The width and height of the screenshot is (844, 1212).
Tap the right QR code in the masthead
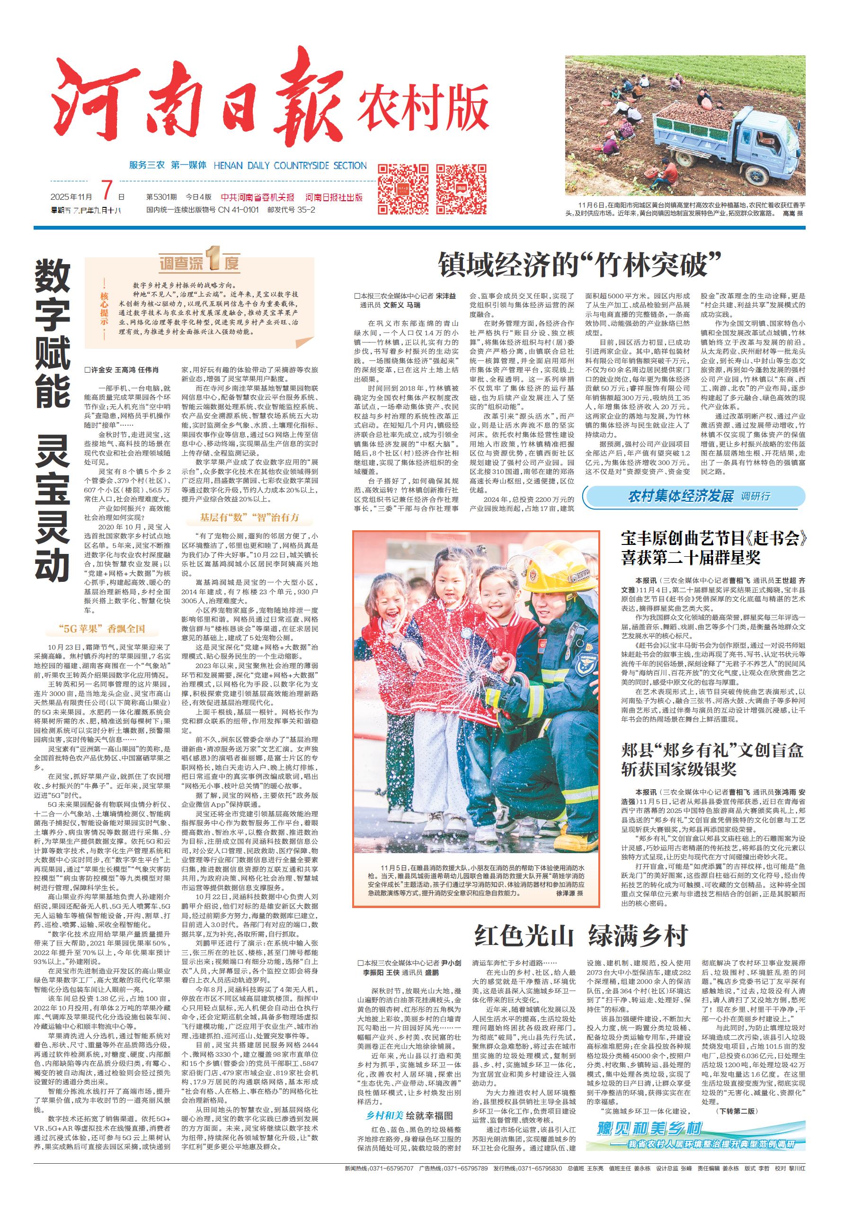460,188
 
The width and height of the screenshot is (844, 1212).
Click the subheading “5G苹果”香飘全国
102,629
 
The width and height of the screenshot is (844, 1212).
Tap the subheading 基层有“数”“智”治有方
249,517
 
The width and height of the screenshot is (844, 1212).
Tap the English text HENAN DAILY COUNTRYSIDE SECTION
290,165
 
